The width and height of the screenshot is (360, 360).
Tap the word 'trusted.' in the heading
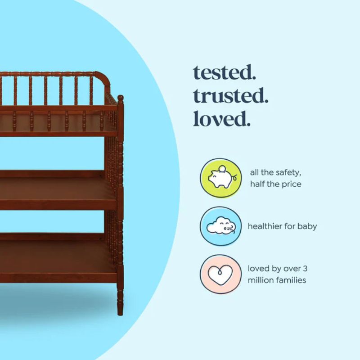coord(230,96)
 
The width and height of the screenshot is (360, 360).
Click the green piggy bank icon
coord(220,178)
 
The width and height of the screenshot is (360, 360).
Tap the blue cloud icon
coord(220,226)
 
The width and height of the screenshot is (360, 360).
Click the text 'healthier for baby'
coord(282,226)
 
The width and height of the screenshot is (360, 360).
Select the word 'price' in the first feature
coord(290,184)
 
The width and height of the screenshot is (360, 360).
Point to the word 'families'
coord(291,280)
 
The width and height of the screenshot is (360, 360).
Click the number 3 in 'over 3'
coord(305,269)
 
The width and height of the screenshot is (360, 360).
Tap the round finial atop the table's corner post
coord(120,98)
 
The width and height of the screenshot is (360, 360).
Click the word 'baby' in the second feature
coord(306,226)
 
